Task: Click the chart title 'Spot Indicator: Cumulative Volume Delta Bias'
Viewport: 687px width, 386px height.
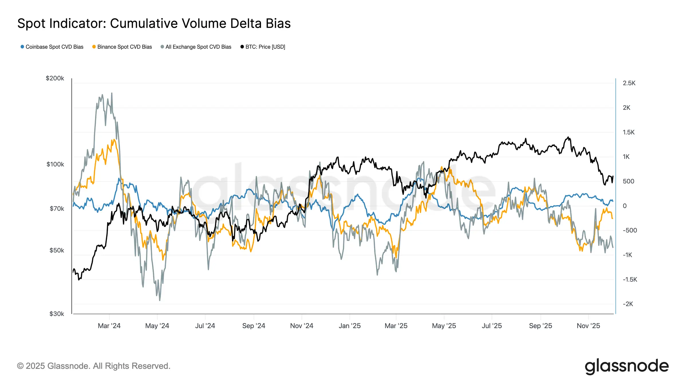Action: point(154,23)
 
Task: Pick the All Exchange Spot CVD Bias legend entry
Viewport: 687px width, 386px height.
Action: point(196,47)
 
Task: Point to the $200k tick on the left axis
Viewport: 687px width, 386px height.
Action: point(55,78)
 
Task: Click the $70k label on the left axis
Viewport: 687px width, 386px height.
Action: point(57,209)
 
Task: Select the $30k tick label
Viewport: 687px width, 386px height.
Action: point(57,314)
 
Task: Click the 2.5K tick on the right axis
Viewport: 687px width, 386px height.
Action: point(629,83)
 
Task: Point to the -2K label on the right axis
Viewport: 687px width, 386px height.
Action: point(628,304)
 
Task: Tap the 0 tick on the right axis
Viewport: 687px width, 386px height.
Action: point(625,206)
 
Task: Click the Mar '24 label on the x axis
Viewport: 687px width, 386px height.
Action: point(109,326)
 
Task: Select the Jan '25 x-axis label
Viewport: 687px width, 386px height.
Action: point(350,326)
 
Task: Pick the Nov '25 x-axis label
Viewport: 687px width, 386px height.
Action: point(588,326)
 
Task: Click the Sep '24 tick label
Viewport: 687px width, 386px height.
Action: point(254,326)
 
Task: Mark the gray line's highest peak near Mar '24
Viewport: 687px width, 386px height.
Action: point(112,93)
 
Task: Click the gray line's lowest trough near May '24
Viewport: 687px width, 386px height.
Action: point(159,300)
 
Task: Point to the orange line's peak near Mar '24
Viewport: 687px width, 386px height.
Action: point(114,140)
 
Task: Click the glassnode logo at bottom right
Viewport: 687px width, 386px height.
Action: point(627,366)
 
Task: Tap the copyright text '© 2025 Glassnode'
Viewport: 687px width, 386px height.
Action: point(94,366)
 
